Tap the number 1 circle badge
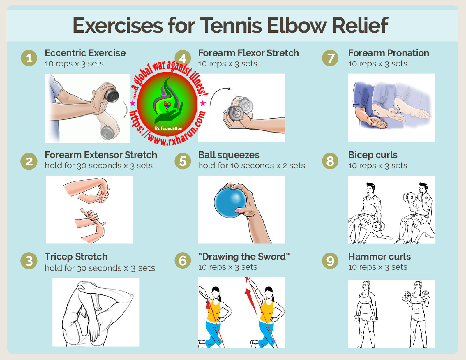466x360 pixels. [29, 58]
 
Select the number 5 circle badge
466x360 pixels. [183, 161]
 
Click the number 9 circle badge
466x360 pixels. [330, 261]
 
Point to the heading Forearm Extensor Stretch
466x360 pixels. [101, 155]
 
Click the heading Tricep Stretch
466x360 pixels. [76, 257]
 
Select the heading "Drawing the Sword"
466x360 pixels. [244, 257]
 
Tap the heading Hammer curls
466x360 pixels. [379, 257]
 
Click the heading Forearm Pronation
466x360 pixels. [389, 53]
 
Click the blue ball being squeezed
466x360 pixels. [230, 203]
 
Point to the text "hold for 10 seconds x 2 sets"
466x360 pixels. [251, 165]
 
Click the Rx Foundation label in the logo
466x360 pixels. [168, 128]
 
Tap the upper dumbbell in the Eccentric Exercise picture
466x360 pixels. [112, 95]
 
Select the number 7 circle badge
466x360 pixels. [330, 58]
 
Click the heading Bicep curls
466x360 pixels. [373, 155]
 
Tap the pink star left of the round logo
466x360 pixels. [133, 103]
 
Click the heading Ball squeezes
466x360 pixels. [229, 155]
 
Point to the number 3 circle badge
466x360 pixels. [29, 261]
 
